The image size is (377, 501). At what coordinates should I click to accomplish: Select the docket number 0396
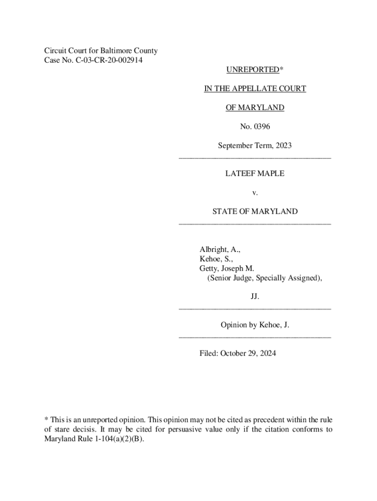click(262, 127)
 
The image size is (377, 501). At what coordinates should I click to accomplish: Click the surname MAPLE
click(270, 174)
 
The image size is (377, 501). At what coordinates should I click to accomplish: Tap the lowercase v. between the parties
click(255, 193)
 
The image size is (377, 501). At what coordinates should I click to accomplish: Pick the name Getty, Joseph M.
click(226, 269)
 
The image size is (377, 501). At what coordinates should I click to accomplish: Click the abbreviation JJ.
click(255, 297)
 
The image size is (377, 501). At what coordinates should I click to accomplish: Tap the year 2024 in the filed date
click(267, 353)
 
